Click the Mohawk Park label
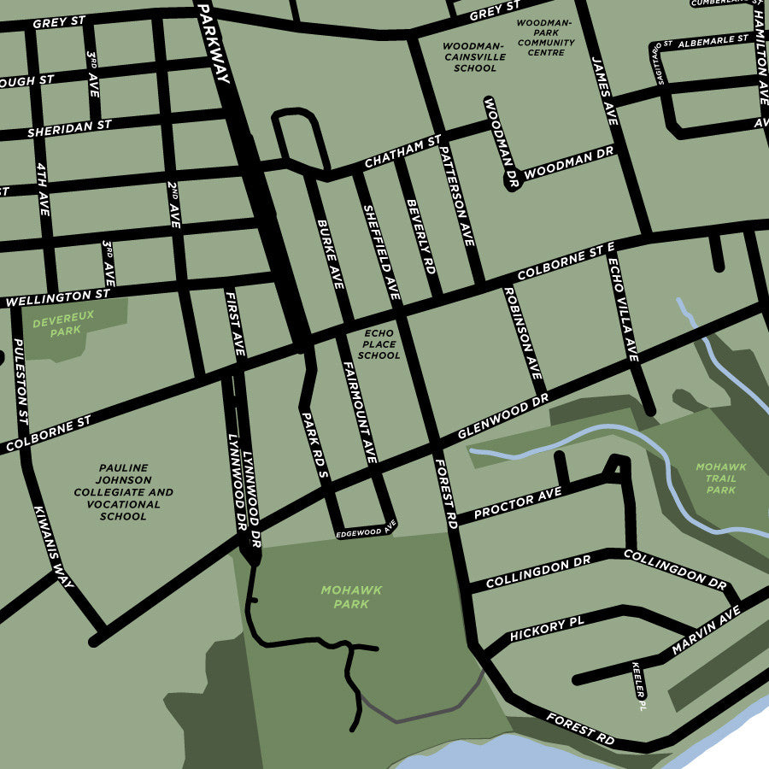(351, 596)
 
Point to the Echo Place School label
(379, 344)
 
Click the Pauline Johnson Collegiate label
(123, 492)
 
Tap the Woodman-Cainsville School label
(475, 56)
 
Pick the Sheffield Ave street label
(382, 251)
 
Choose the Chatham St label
(402, 151)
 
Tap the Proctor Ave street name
(517, 504)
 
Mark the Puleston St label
(21, 381)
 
